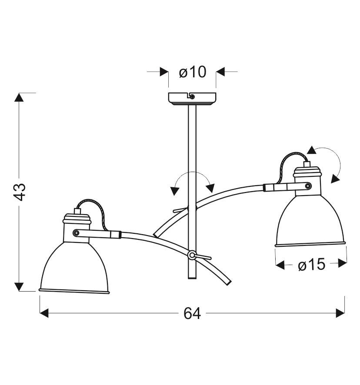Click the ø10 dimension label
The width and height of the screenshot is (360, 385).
pos(193,72)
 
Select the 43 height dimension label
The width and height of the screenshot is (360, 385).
pos(20,192)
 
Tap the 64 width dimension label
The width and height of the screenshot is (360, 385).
pos(192,313)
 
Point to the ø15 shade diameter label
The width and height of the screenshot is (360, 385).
pos(312,265)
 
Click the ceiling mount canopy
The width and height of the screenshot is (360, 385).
pos(192,99)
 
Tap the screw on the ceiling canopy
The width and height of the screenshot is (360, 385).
pos(193,97)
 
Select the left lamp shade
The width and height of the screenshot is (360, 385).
pos(74,268)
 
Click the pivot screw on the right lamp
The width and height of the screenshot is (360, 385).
pos(307,186)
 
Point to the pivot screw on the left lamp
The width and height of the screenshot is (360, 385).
pos(76,232)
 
